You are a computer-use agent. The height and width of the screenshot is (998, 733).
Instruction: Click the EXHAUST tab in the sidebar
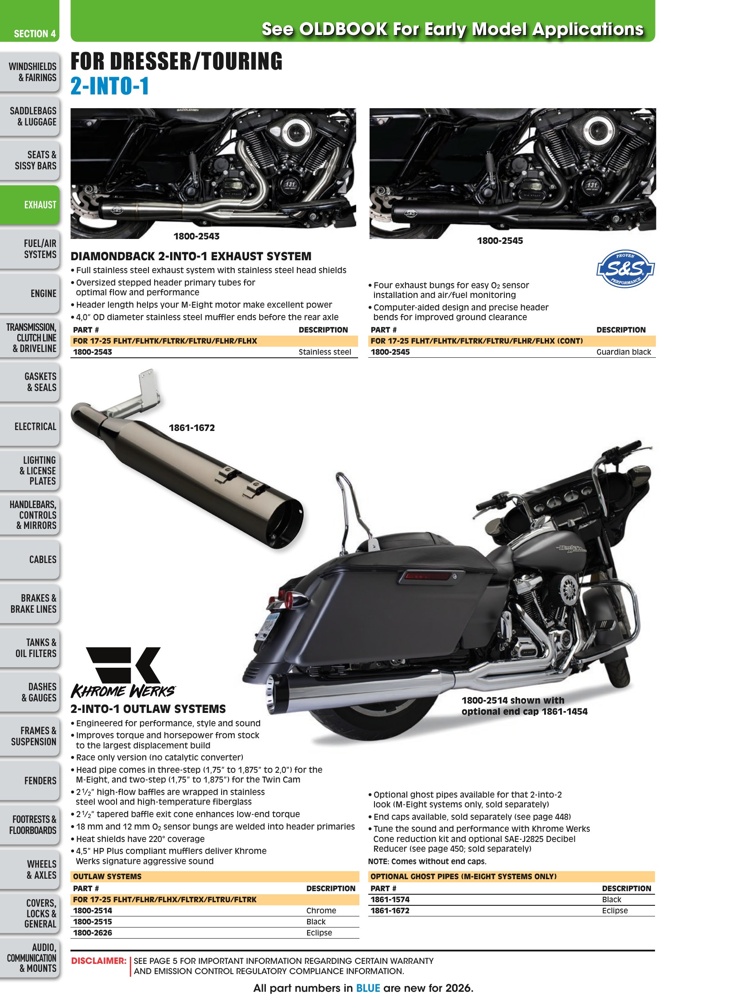click(29, 205)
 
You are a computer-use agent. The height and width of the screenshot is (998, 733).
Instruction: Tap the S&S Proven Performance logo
click(625, 269)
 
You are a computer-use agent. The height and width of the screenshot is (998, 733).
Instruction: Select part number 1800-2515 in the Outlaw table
click(92, 921)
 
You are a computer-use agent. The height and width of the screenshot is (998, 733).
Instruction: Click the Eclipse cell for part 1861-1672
click(615, 910)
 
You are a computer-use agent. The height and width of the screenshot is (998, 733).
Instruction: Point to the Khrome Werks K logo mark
click(123, 665)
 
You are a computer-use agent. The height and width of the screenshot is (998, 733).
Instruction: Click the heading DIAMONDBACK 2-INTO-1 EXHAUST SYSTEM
click(191, 256)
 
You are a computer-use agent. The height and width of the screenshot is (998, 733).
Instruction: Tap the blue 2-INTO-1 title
click(109, 86)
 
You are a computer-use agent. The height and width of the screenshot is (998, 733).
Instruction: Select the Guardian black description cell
click(624, 352)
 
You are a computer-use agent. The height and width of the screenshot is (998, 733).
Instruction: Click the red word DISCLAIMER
click(98, 960)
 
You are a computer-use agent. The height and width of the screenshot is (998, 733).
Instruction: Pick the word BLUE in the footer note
click(368, 988)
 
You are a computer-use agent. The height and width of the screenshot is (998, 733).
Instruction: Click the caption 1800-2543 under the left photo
click(196, 236)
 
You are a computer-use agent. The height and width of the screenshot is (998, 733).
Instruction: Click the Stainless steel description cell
click(324, 352)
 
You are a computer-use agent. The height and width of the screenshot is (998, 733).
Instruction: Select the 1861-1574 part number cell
click(390, 899)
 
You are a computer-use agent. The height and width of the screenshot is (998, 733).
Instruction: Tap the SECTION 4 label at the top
click(35, 34)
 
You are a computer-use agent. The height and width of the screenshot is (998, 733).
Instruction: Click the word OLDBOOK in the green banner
click(343, 29)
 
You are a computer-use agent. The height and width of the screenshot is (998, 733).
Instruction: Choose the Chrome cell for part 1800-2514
click(321, 910)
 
